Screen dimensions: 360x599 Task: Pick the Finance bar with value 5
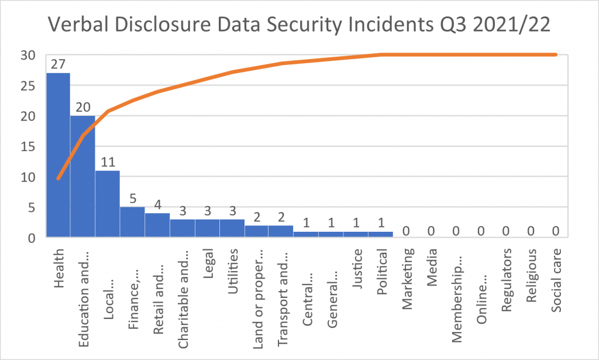132,222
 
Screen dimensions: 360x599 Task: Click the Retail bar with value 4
157,225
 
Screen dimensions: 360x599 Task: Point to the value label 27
58,64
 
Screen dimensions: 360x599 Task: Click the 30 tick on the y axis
29,55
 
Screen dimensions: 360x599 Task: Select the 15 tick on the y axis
29,146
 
